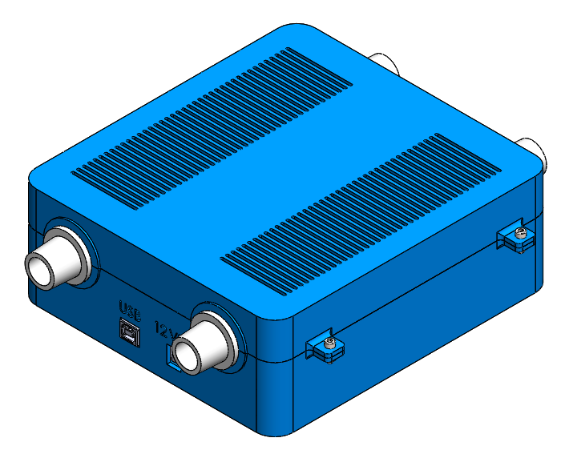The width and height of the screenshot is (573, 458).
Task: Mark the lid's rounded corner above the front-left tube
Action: (x=40, y=176)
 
